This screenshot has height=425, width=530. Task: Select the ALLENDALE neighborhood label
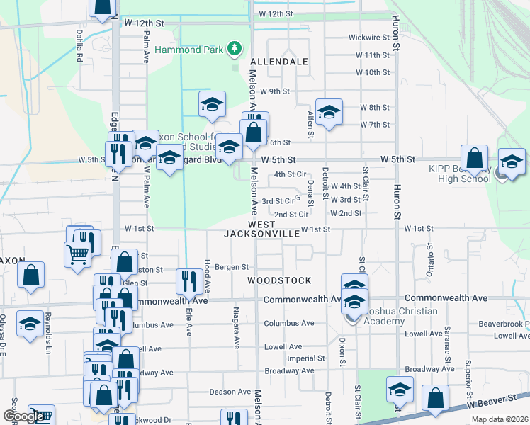pyautogui.click(x=278, y=62)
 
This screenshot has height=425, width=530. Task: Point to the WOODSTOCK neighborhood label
pyautogui.click(x=279, y=280)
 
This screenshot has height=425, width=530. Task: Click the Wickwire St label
pyautogui.click(x=368, y=38)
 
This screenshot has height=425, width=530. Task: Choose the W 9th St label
pyautogui.click(x=276, y=91)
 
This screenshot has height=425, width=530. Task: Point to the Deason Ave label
pyautogui.click(x=230, y=392)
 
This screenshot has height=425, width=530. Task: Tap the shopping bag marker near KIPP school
pyautogui.click(x=474, y=159)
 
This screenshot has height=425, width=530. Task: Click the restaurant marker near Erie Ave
pyautogui.click(x=188, y=281)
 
